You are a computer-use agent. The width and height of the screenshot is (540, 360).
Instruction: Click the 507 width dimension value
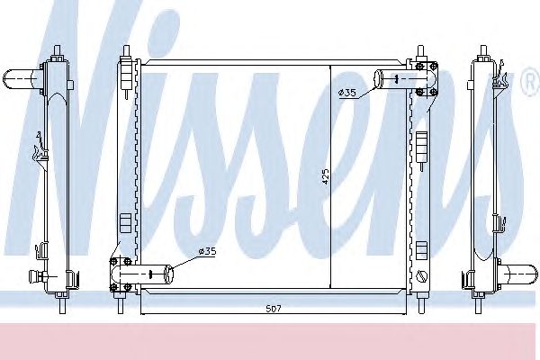tap(274, 309)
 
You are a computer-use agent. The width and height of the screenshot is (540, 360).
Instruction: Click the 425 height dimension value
tap(326, 176)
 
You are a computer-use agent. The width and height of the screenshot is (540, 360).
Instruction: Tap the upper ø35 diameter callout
tap(346, 93)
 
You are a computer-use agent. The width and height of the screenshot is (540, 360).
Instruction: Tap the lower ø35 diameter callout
tap(207, 251)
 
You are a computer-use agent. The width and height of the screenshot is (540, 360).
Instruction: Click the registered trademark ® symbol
tap(531, 82)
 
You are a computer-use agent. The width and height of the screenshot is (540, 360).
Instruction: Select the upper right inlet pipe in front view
tap(406, 79)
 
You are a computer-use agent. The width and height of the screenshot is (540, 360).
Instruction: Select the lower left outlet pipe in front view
tap(142, 274)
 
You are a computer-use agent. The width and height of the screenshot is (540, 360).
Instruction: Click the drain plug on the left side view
tap(38, 274)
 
